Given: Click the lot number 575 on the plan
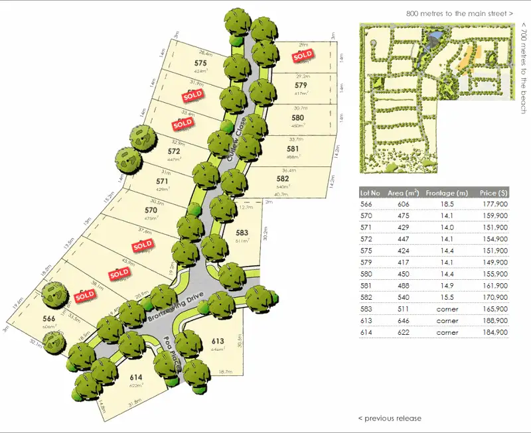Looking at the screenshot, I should [201, 63].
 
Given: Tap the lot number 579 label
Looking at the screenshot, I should [301, 86].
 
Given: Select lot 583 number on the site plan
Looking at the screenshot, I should [242, 233].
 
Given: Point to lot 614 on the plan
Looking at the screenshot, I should [136, 378].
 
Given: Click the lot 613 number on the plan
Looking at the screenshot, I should [218, 341].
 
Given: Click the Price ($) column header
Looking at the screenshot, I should [493, 192].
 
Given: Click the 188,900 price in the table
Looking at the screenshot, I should [494, 320].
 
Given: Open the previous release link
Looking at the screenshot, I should [390, 418].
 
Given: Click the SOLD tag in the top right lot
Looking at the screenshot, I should [303, 56].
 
